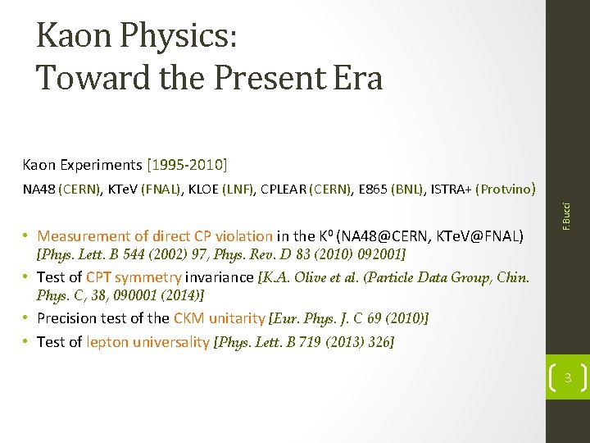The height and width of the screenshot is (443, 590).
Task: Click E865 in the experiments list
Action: point(374,190)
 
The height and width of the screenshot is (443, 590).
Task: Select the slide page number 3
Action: point(567,377)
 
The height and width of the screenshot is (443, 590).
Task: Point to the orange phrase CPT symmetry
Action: point(134,277)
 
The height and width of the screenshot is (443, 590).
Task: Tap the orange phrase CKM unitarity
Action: point(219,317)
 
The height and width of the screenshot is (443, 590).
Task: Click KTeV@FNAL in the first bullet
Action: point(486,236)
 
